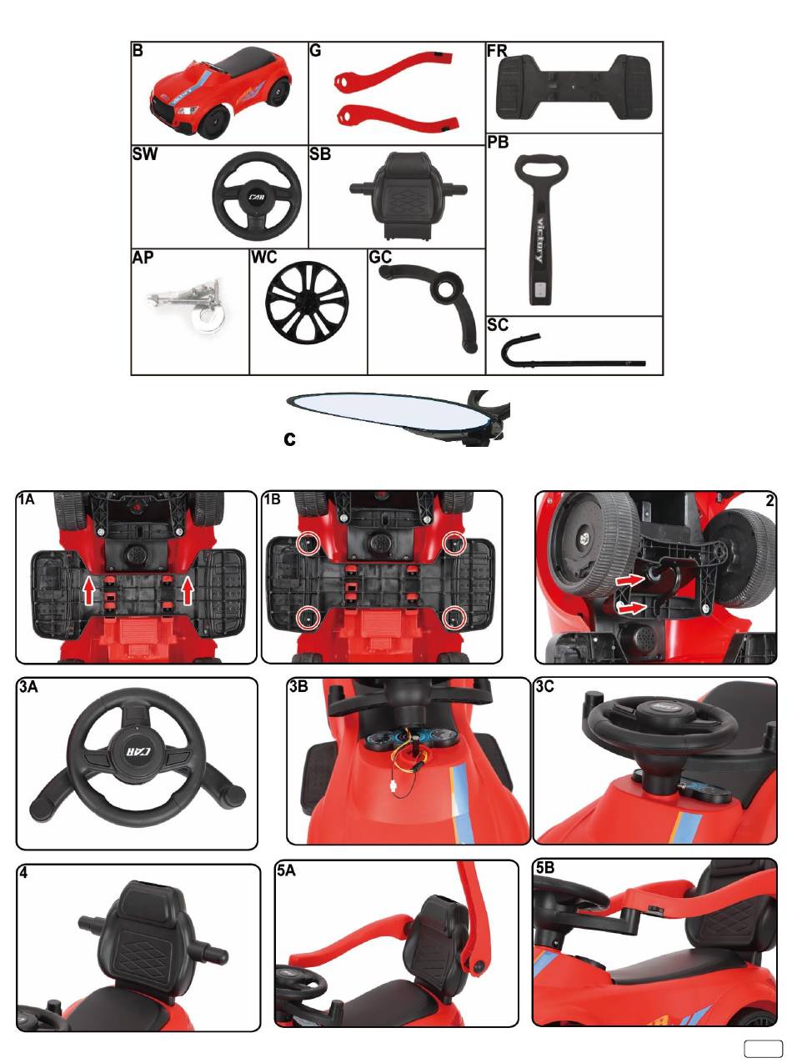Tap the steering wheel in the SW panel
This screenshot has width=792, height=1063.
257,193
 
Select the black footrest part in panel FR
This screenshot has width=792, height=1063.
574,88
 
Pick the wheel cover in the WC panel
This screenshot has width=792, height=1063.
307,303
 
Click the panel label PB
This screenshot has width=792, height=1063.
498,143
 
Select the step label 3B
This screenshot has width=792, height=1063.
298,687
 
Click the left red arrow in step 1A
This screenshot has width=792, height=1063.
89,589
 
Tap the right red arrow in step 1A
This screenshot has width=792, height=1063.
188,589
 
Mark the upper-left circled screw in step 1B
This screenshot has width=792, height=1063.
306,543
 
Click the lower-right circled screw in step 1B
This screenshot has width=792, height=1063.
453,618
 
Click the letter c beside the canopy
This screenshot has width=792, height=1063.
289,439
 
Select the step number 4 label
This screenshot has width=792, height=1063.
23,873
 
